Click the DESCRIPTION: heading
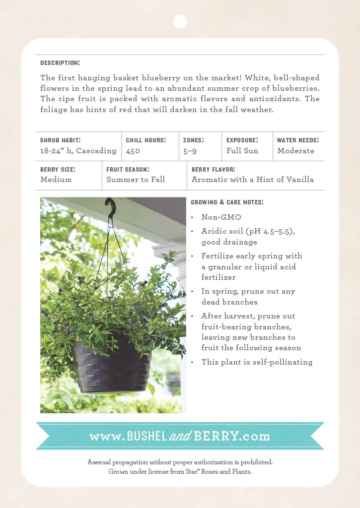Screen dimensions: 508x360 60,63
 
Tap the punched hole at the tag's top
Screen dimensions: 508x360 180,21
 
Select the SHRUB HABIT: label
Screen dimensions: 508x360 60,140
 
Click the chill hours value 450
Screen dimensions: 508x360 133,151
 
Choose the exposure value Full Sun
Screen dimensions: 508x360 242,151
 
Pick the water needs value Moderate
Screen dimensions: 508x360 295,151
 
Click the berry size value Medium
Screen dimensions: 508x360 56,180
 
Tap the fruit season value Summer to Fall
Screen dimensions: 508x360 136,180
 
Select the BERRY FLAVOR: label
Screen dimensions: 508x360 214,169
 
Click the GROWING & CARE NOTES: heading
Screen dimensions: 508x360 227,202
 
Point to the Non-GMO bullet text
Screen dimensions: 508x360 221,217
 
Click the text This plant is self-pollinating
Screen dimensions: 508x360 257,362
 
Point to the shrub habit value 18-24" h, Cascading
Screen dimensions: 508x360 78,151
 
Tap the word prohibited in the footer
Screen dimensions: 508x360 256,462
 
